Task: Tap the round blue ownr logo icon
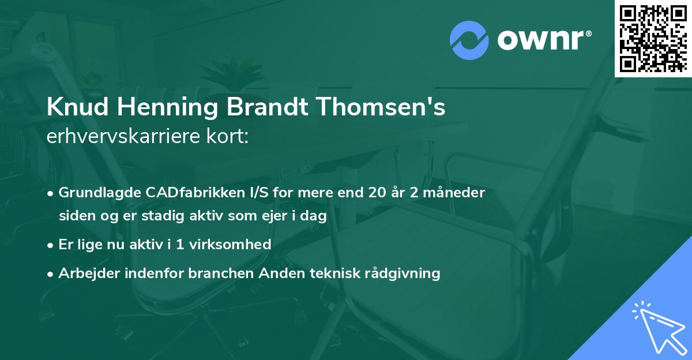(x=469, y=40)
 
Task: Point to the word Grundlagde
(x=94, y=193)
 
